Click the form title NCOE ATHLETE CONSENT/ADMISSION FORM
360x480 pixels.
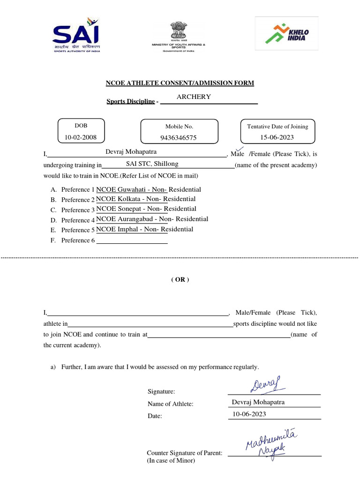click(x=180, y=83)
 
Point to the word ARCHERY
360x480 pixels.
click(x=194, y=97)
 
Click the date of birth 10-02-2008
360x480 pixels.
click(x=81, y=137)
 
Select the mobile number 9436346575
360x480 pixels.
click(x=179, y=137)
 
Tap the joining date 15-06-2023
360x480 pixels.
click(x=277, y=137)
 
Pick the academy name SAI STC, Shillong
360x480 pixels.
click(x=152, y=164)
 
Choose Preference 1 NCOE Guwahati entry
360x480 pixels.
click(x=149, y=189)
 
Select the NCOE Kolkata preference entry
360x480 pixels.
click(x=146, y=199)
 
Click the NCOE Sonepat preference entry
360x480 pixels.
click(x=146, y=209)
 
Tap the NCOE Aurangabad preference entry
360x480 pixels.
click(x=152, y=219)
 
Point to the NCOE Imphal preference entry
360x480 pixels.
click(x=144, y=229)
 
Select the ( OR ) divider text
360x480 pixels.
click(x=180, y=279)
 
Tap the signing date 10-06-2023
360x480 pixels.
click(x=249, y=414)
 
